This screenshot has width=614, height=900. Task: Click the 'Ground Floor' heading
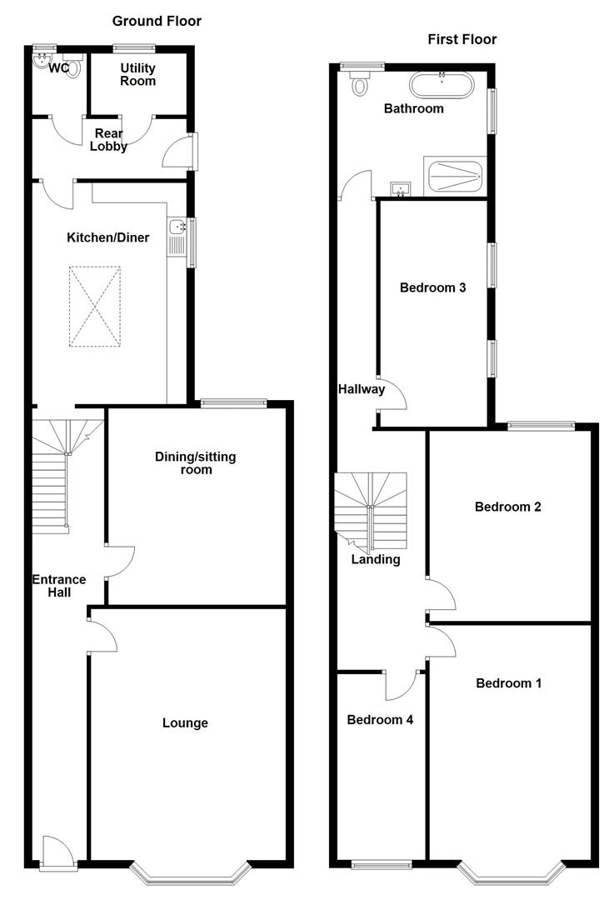coord(157,21)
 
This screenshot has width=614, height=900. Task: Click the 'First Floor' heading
coord(462,39)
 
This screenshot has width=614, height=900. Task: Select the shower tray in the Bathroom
coord(454,176)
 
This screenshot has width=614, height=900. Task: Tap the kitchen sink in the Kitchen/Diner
coord(177,227)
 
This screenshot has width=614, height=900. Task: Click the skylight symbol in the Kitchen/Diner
coord(95,305)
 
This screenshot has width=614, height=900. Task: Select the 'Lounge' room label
coord(185,722)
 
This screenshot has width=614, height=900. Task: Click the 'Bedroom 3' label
coord(432,288)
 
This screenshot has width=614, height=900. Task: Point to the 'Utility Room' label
coord(138,74)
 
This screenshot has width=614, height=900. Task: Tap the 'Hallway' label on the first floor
coord(361,388)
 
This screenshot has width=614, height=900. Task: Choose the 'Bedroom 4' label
coord(380,719)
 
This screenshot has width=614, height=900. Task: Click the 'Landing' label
coord(375,559)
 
